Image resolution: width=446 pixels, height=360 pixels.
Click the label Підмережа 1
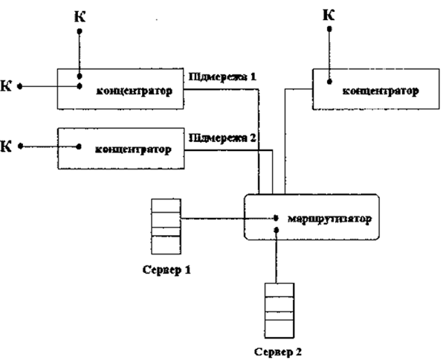pyautogui.click(x=222, y=77)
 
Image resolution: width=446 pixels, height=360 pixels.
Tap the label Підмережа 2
pyautogui.click(x=223, y=138)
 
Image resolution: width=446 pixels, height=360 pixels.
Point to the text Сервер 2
pyautogui.click(x=277, y=350)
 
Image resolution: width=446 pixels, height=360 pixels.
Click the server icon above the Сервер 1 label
pyautogui.click(x=165, y=227)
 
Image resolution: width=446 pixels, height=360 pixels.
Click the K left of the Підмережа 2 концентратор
pyautogui.click(x=8, y=146)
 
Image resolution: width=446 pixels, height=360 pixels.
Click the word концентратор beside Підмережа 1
pyautogui.click(x=135, y=92)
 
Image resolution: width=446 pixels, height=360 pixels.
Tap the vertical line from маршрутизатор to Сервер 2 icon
pyautogui.click(x=277, y=261)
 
